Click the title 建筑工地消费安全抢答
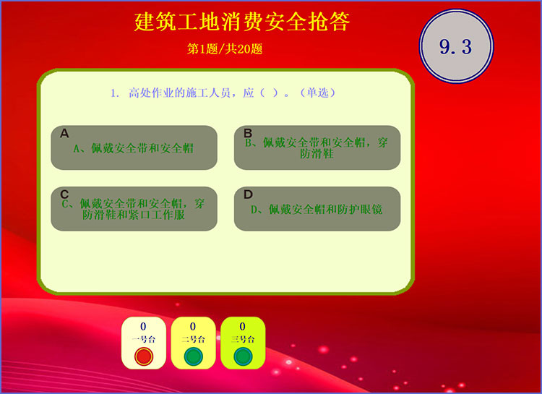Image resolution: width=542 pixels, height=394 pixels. coord(242,22)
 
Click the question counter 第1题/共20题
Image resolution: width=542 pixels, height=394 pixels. coord(225,48)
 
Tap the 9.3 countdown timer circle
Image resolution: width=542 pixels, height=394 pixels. coord(456,46)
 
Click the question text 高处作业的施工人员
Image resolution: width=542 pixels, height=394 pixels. coord(179,93)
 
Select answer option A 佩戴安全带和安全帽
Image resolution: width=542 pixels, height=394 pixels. coord(134,147)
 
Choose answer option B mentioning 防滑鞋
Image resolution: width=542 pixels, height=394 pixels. coord(317,147)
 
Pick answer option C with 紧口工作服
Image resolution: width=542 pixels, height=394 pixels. coord(134,209)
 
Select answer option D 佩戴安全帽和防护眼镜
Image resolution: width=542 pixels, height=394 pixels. coord(317,209)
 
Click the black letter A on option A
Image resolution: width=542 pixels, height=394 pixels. coord(64,133)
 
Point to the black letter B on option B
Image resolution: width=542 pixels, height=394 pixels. coord(248,133)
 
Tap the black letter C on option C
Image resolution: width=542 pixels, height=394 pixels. coord(64,194)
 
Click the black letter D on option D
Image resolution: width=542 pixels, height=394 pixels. coord(248,194)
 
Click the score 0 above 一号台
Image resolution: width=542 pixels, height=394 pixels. coord(143,327)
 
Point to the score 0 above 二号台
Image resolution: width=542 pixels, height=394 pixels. coord(193,327)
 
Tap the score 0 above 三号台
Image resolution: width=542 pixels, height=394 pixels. coord(243,327)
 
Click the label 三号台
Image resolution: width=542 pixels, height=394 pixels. coord(243,339)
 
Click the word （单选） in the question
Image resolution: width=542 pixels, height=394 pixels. coord(318,93)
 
